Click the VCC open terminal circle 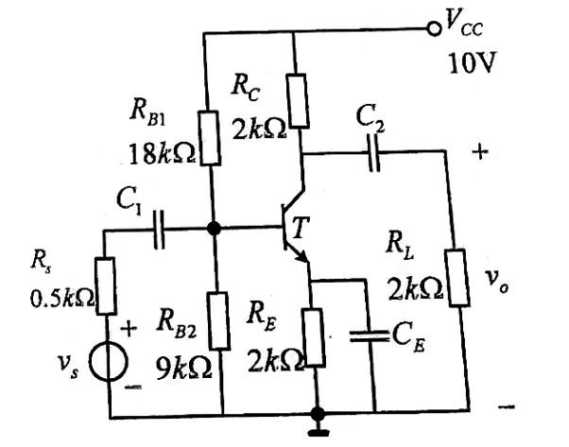[x=433, y=28]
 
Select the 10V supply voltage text [x=472, y=63]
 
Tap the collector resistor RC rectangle [x=299, y=101]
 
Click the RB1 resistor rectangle [x=210, y=138]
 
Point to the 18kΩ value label [x=162, y=155]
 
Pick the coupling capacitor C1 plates [x=159, y=230]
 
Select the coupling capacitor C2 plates [x=373, y=152]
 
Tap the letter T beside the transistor [x=300, y=228]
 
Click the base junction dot [x=214, y=229]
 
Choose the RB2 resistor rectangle [x=219, y=320]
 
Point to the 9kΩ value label [x=183, y=368]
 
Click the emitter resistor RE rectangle [x=313, y=337]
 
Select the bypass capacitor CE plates [x=369, y=336]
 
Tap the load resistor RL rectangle [x=458, y=278]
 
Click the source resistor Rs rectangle [x=106, y=286]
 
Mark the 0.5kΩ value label [x=62, y=299]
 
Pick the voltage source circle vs [x=109, y=362]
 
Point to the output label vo [x=496, y=282]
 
